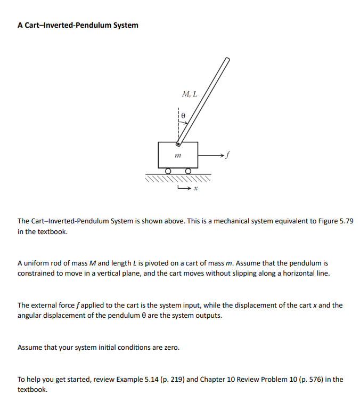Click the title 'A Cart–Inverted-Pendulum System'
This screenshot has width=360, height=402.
click(78, 25)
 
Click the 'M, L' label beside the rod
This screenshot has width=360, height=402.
click(189, 94)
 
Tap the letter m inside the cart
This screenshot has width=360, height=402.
click(178, 155)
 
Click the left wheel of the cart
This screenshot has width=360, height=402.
click(168, 171)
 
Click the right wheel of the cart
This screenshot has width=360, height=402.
click(189, 171)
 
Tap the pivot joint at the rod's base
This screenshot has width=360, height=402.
click(178, 143)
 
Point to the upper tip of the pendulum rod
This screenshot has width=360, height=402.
click(227, 60)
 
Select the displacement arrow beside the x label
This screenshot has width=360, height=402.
click(183, 187)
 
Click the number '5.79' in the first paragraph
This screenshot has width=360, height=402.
click(344, 221)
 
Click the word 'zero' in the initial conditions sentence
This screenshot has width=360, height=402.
click(170, 348)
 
